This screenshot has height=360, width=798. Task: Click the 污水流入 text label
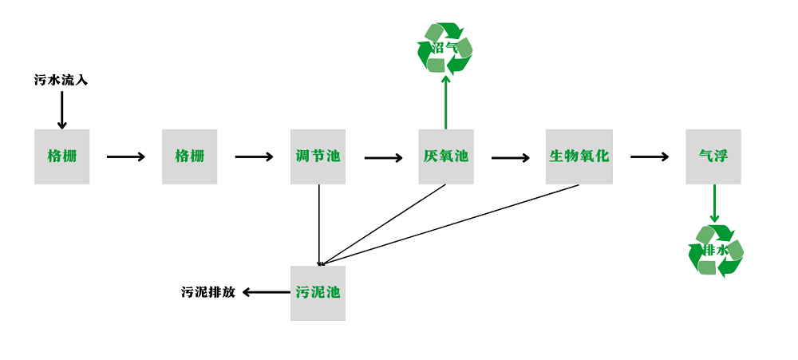pos(61,80)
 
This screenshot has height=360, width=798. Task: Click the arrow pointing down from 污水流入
pos(61,109)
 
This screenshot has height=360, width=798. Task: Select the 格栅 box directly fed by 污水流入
pos(61,156)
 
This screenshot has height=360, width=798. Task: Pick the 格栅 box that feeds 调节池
pos(189,156)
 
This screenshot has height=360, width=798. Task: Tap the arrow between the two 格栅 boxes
pos(125,157)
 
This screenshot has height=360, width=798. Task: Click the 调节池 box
pos(318,156)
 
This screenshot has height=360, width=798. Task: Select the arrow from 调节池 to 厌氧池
pos(383,158)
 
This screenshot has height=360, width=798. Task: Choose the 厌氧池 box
pos(445,156)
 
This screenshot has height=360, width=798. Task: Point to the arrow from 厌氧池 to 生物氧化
pos(510,158)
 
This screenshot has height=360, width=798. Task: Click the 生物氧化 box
pos(579,156)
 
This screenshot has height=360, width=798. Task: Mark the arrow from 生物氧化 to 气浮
pos(649,157)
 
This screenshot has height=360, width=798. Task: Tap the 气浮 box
pos(713,156)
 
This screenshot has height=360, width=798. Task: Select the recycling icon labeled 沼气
pos(444,49)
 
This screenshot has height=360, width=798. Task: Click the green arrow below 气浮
pos(714,204)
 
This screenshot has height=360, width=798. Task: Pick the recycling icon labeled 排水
pos(716,251)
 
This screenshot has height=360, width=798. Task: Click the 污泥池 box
pos(318,293)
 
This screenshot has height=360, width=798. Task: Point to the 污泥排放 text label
pos(208,292)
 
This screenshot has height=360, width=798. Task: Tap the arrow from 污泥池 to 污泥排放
pos(266,292)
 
